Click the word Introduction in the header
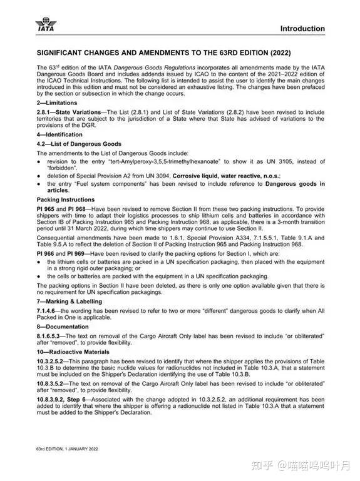[x=302, y=29]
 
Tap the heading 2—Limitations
[x=57, y=102]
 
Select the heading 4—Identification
[x=59, y=134]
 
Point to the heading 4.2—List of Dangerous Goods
[x=79, y=144]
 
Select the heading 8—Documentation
[x=63, y=327]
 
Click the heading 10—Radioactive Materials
[x=73, y=352]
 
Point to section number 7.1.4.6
[x=48, y=311]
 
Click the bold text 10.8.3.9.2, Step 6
[x=64, y=398]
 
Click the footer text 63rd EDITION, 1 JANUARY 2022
[x=68, y=449]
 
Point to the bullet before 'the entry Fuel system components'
[x=39, y=184]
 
